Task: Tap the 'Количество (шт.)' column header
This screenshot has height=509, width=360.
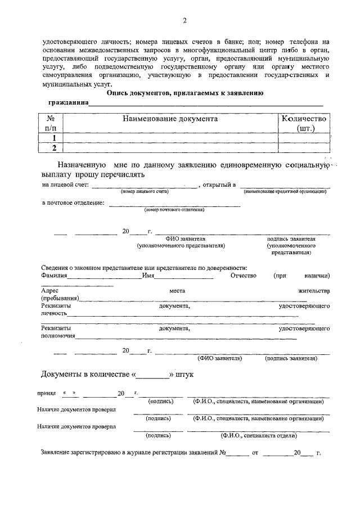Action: [303, 124]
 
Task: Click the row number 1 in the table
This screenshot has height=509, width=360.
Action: [54, 138]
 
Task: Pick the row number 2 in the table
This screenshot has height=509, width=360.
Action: [54, 147]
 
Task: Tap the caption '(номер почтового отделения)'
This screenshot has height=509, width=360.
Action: [174, 210]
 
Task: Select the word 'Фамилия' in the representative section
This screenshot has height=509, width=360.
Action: [55, 276]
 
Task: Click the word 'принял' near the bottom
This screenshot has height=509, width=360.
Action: [46, 393]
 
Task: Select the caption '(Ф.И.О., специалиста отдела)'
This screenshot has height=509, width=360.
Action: [258, 435]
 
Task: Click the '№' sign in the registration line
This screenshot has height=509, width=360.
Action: [223, 453]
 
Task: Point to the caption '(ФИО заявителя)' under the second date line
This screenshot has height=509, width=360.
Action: [219, 358]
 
